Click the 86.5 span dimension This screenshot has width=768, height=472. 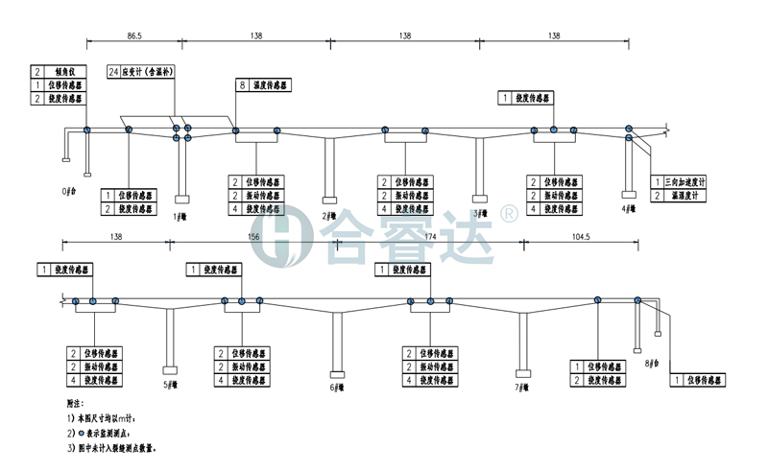click(x=134, y=35)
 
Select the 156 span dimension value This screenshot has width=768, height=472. click(x=253, y=235)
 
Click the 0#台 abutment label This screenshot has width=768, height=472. click(x=69, y=191)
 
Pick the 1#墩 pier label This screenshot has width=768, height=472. click(x=179, y=216)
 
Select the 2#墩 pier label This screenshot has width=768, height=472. click(x=329, y=216)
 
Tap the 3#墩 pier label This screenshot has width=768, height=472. click(x=481, y=213)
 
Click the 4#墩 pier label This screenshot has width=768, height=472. click(x=628, y=206)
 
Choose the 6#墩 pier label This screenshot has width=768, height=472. click(x=338, y=389)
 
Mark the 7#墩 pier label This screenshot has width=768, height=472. click(x=523, y=388)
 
